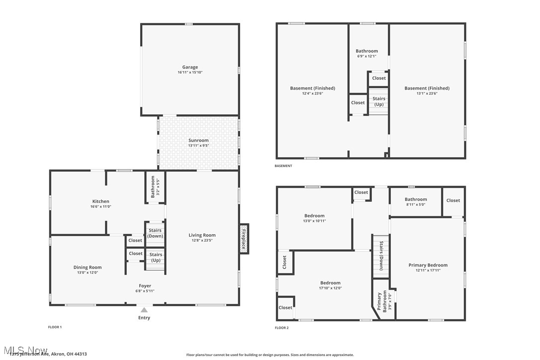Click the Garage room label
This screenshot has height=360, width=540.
pos(190,67)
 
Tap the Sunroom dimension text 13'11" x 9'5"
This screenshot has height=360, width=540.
pos(198,146)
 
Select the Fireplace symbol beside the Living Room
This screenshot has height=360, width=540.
pos(244,239)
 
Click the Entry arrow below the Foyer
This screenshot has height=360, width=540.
pos(144,310)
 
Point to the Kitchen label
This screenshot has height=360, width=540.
pos(100,201)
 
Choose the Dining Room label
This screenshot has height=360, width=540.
pos(88,268)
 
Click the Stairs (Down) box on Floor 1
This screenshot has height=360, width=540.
pos(155,233)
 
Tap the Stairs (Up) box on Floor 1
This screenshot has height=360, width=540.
pos(155,258)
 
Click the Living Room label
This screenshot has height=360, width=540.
pos(202,235)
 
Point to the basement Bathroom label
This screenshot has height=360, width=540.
pos(366,51)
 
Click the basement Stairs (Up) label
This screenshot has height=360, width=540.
pos(379,101)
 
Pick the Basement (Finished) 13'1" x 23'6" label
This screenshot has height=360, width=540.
pos(427,88)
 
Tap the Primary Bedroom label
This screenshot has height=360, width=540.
pos(428,265)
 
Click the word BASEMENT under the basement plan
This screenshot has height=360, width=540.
pos(283,166)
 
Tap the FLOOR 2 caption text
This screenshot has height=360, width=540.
pos(281,328)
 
